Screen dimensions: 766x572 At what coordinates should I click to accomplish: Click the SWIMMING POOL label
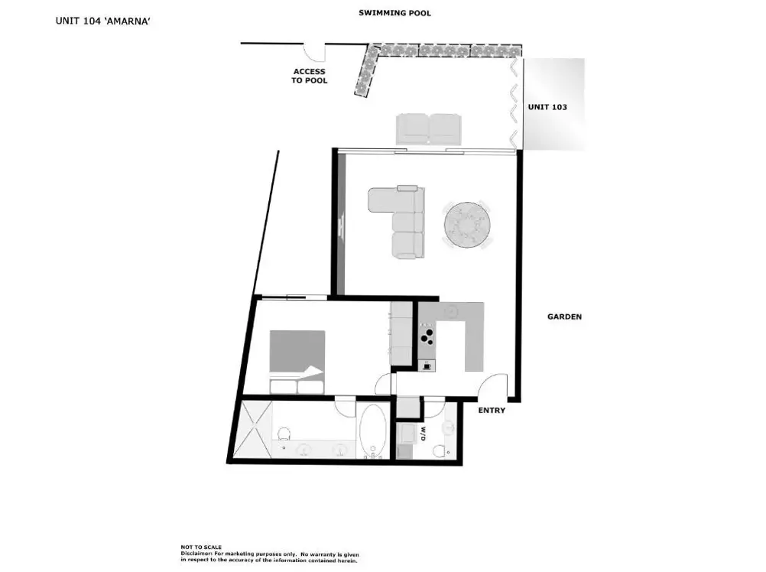(x=394, y=13)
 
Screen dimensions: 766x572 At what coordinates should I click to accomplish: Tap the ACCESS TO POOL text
(x=310, y=76)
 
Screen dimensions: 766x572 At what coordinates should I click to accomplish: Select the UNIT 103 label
(x=547, y=107)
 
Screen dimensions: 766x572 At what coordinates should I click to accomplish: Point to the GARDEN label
(x=564, y=317)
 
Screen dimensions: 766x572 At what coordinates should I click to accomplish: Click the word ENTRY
(x=492, y=411)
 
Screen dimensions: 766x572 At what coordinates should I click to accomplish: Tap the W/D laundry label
(x=423, y=434)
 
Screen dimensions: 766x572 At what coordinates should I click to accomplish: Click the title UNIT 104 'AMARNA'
(x=102, y=21)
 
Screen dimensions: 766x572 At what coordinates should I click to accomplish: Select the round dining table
(x=467, y=225)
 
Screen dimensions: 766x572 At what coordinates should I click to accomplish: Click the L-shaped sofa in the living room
(x=397, y=222)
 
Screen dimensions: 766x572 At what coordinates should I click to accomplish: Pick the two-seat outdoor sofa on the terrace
(x=428, y=129)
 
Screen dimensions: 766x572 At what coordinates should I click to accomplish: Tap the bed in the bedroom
(x=297, y=362)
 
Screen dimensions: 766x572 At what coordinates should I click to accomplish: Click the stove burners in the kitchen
(x=427, y=336)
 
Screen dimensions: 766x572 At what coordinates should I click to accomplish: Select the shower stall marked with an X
(x=254, y=429)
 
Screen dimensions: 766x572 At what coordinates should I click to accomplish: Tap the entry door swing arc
(x=492, y=386)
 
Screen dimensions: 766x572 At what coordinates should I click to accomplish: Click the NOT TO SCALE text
(x=201, y=547)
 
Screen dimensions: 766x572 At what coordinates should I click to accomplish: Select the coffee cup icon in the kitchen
(x=427, y=366)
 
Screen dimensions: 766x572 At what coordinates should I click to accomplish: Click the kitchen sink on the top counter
(x=451, y=310)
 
